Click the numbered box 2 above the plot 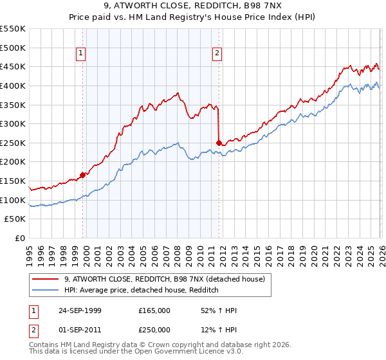click(217, 53)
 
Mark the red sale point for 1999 click(82, 174)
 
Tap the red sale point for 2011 click(219, 142)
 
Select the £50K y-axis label click(15, 219)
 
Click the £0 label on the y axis click(21, 239)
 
